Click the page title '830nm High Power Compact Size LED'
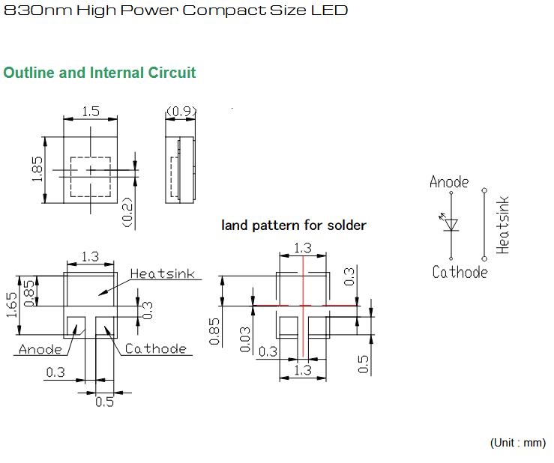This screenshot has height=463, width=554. pyautogui.click(x=175, y=10)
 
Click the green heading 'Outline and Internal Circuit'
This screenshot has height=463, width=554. pyautogui.click(x=99, y=73)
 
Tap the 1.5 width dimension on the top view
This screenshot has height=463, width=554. pyautogui.click(x=91, y=112)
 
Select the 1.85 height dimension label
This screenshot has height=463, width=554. pyautogui.click(x=37, y=169)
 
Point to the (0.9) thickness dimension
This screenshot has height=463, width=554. pyautogui.click(x=181, y=112)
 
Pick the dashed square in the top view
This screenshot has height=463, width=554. pyautogui.click(x=91, y=177)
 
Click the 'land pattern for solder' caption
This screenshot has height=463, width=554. pyautogui.click(x=294, y=226)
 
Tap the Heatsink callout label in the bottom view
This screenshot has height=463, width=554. pyautogui.click(x=162, y=273)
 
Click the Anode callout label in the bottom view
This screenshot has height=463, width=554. pyautogui.click(x=40, y=349)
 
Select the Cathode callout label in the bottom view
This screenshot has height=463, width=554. pyautogui.click(x=156, y=348)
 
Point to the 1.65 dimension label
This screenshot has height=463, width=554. pyautogui.click(x=12, y=305)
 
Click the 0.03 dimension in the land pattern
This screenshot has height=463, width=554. pyautogui.click(x=245, y=339)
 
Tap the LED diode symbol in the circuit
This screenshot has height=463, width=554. pyautogui.click(x=450, y=223)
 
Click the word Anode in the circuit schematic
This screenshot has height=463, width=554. pyautogui.click(x=449, y=182)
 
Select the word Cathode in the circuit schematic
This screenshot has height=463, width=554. pyautogui.click(x=460, y=272)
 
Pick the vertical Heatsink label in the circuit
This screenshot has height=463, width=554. pyautogui.click(x=502, y=226)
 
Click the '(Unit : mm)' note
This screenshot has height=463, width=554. pyautogui.click(x=517, y=443)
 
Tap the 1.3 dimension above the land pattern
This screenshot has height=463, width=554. pyautogui.click(x=303, y=248)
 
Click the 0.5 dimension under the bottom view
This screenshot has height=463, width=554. pyautogui.click(x=105, y=402)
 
